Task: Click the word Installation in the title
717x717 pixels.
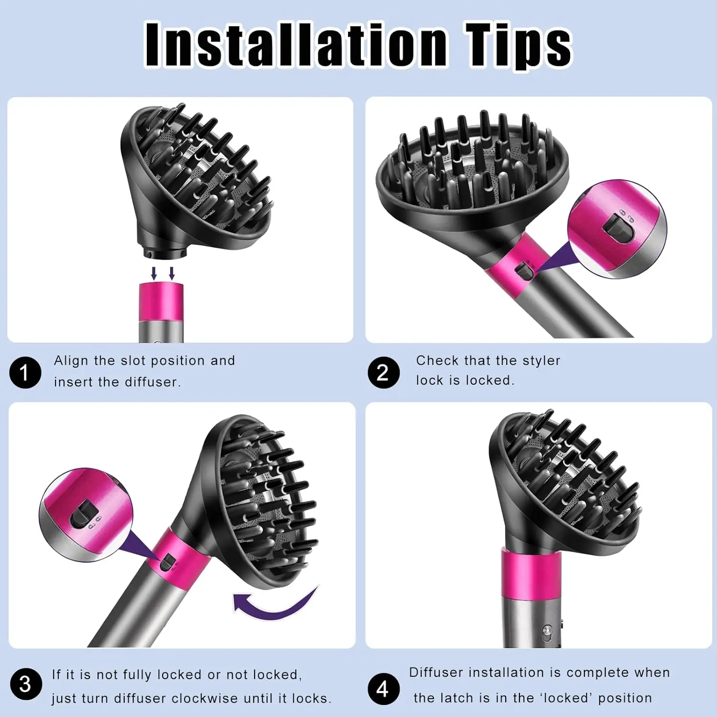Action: click(296, 45)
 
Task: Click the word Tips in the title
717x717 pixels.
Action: click(518, 47)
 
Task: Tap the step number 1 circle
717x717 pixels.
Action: click(25, 372)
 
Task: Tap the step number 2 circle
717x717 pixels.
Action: click(383, 372)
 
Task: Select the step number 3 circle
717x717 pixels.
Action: click(26, 684)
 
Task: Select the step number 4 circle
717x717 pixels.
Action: click(383, 689)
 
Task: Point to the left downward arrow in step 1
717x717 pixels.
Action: click(154, 273)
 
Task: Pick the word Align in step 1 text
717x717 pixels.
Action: click(72, 361)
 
